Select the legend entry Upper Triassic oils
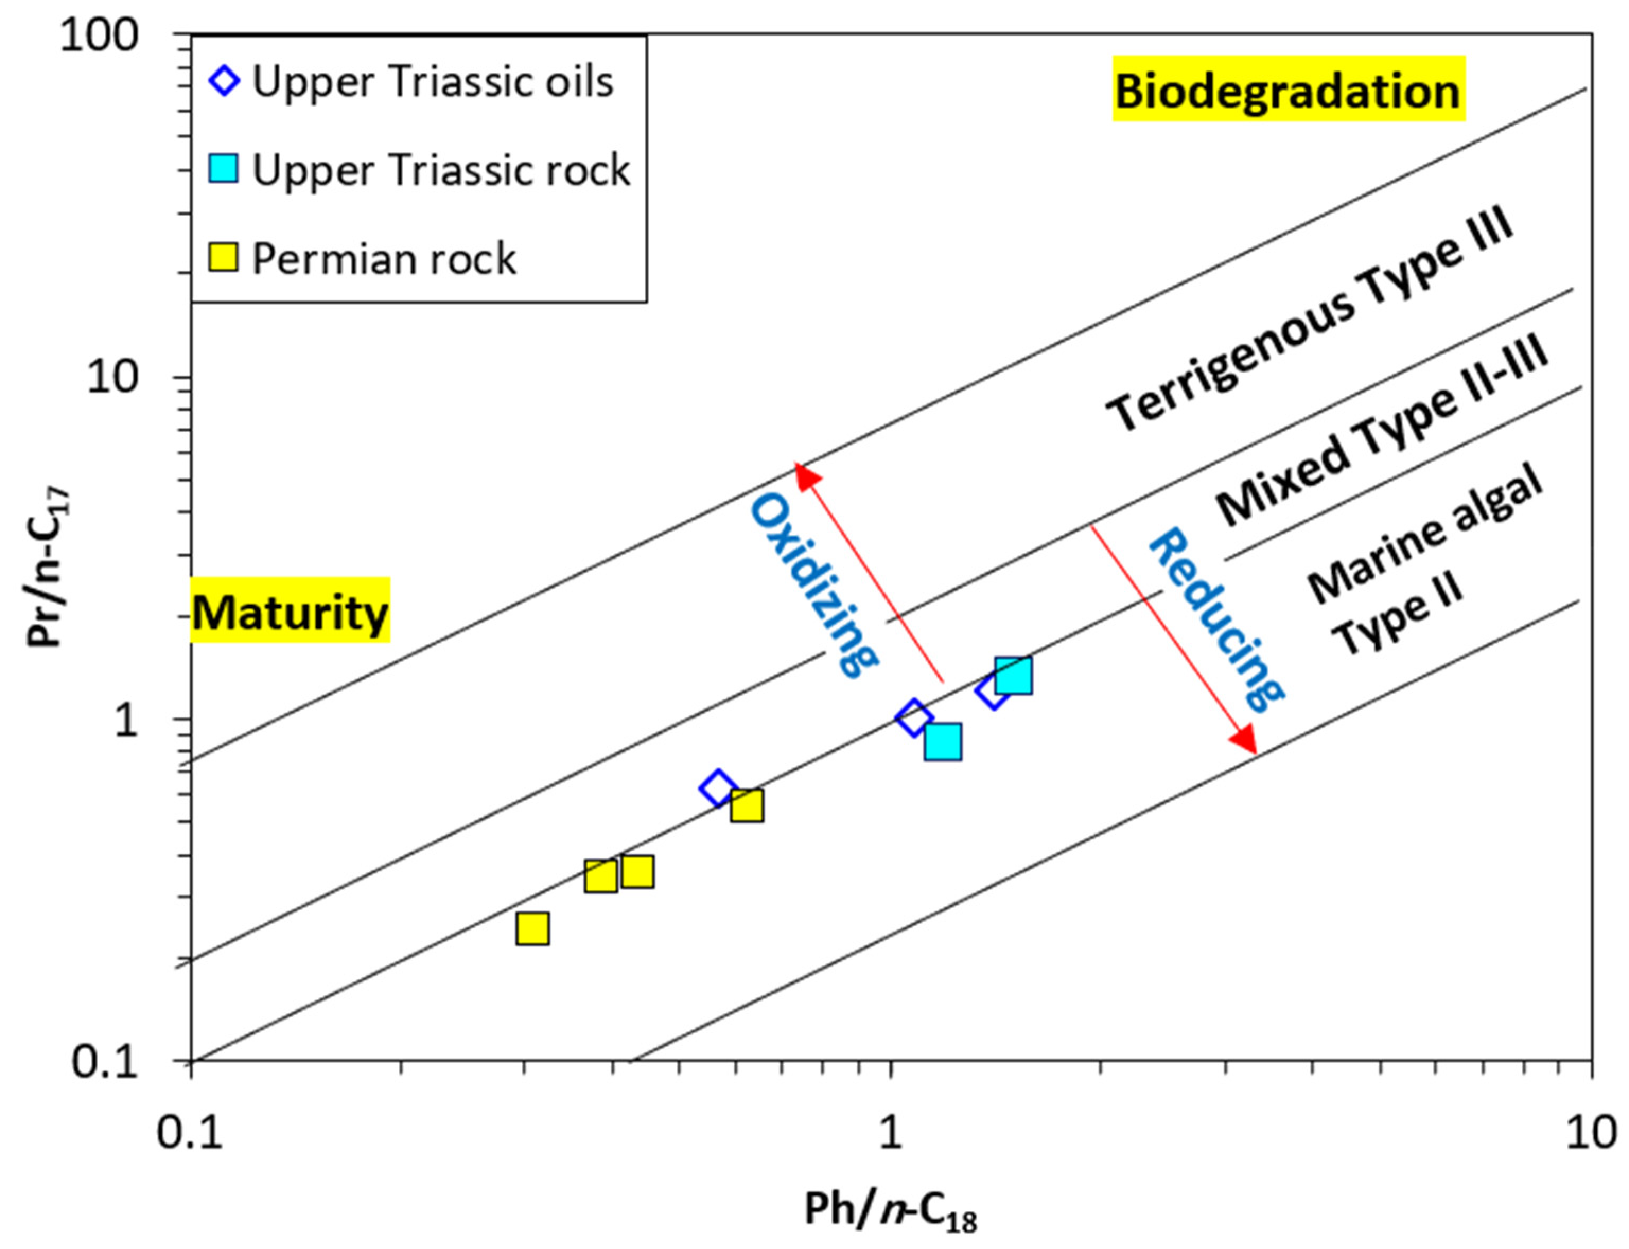[432, 81]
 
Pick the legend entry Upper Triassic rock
[440, 170]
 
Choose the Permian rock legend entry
[383, 259]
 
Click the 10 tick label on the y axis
[111, 378]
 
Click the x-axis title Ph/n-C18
[890, 1210]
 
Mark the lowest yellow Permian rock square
[532, 928]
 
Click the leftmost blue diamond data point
[718, 788]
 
